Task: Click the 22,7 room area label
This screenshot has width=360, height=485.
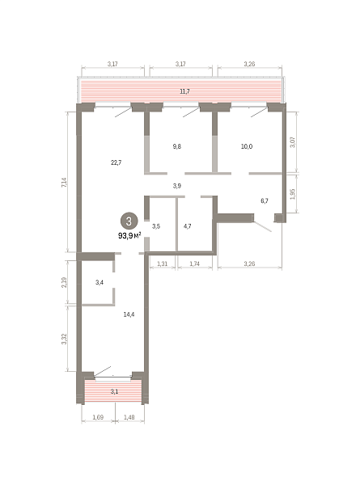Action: [116, 162]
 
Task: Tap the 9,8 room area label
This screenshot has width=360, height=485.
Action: [176, 146]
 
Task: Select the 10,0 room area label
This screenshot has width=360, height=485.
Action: [247, 146]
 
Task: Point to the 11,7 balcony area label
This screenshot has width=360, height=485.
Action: [184, 91]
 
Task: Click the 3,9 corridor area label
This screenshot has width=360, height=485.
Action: [177, 186]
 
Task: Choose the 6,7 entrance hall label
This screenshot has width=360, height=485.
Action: [265, 200]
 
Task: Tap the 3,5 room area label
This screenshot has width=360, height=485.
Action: [156, 226]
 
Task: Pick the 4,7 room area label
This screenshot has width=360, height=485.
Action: [187, 226]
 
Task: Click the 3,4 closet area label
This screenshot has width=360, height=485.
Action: [100, 282]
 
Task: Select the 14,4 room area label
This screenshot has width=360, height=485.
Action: [129, 314]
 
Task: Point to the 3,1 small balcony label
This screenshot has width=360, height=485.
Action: [114, 391]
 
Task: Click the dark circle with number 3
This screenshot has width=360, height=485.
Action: [129, 221]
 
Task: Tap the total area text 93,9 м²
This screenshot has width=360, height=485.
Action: [129, 236]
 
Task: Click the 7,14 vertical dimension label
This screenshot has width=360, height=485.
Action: [64, 183]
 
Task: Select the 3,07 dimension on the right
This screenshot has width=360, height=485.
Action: [293, 142]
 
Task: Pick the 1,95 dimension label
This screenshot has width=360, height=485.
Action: [293, 194]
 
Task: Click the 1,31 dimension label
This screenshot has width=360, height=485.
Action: [162, 264]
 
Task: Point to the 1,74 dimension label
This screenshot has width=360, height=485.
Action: [194, 264]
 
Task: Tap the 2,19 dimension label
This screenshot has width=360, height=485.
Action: [64, 282]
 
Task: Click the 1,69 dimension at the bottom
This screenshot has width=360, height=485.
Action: [98, 417]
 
